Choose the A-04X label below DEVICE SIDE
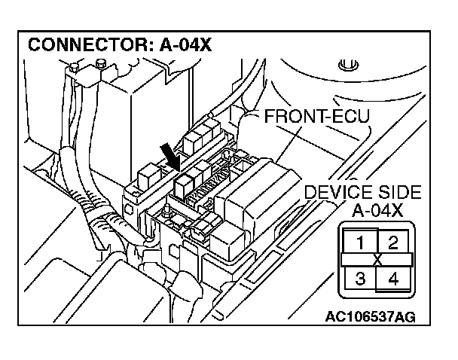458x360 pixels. click(x=377, y=209)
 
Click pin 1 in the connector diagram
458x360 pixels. click(x=361, y=242)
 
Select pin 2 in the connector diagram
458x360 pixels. click(x=392, y=242)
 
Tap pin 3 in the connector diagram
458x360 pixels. click(x=361, y=278)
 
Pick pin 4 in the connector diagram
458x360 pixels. click(x=392, y=278)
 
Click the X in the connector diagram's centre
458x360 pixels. click(x=377, y=260)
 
